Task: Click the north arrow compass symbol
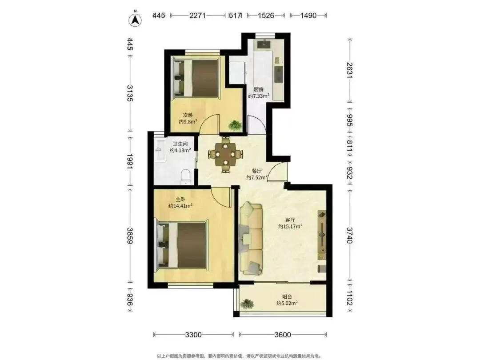(135, 19)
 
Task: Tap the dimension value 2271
(197, 15)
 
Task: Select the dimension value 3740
(349, 235)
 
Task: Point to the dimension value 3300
(193, 335)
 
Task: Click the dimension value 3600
(283, 335)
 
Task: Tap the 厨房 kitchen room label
(258, 89)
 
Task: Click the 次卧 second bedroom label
(188, 115)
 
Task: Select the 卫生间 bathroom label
(180, 144)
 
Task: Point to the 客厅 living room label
(290, 220)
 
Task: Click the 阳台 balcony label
(287, 296)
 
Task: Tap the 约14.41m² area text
(180, 206)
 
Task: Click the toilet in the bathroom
(186, 177)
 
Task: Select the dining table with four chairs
(226, 154)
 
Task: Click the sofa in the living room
(251, 238)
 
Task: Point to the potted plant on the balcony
(247, 304)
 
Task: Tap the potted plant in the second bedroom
(235, 125)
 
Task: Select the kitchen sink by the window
(263, 44)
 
